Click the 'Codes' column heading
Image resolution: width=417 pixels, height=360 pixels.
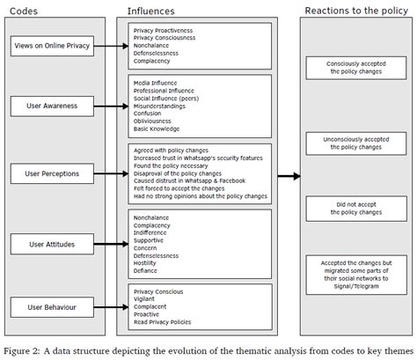click(24, 11)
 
